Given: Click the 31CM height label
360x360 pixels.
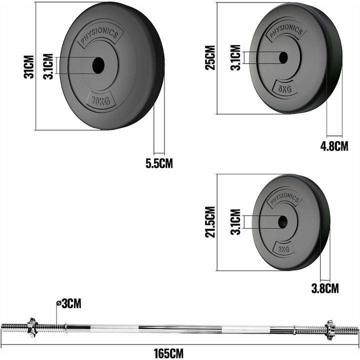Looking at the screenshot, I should [x=29, y=66].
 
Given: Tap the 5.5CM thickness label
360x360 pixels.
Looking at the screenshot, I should [x=159, y=163].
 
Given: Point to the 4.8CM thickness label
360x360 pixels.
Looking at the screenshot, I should [x=334, y=146].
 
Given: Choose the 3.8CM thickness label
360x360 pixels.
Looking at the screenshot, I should [x=325, y=288].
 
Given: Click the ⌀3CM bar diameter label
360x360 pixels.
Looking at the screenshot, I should [x=68, y=303].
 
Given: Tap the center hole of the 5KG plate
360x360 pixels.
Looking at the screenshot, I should [x=283, y=57].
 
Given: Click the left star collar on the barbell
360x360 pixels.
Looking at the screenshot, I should [x=31, y=326].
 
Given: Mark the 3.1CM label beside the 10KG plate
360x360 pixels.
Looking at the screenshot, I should [x=47, y=64].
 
